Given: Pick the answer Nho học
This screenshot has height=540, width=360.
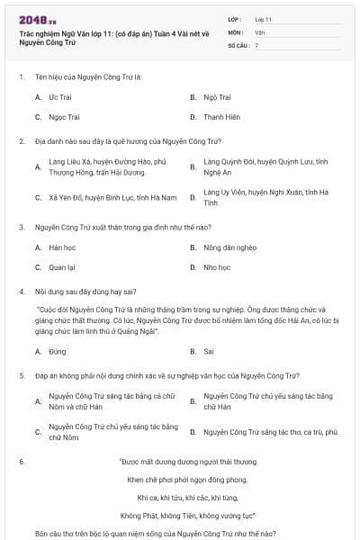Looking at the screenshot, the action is pos(217,267).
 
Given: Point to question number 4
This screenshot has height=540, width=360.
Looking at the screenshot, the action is pos(21,292).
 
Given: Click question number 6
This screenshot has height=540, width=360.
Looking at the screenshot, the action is pos(21,462).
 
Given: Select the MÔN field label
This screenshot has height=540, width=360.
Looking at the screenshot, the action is pos(237,31).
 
